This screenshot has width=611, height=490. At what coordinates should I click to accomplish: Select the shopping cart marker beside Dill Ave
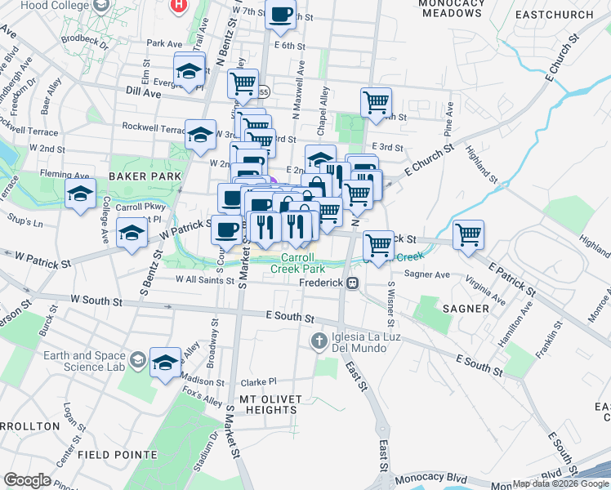coord(243,83)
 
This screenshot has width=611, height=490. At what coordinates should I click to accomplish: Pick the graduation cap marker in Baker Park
coord(80,195)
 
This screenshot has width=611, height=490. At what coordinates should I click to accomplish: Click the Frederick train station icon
coord(352,283)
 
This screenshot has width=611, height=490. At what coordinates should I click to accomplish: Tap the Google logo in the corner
coord(27,480)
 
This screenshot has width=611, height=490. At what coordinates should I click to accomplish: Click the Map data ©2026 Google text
coord(560,483)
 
